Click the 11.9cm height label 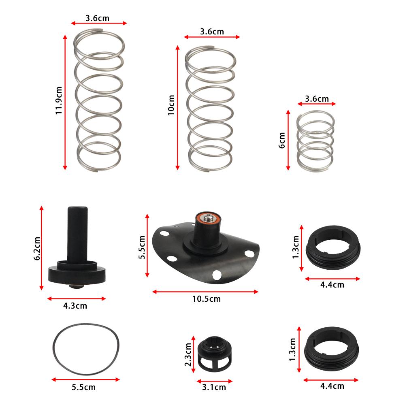59,100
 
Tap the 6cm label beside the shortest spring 282,140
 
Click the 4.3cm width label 75,306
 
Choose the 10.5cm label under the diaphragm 207,299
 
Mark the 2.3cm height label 188,355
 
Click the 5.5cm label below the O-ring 84,387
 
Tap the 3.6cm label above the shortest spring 317,98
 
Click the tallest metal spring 98,101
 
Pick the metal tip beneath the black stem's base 76,287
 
